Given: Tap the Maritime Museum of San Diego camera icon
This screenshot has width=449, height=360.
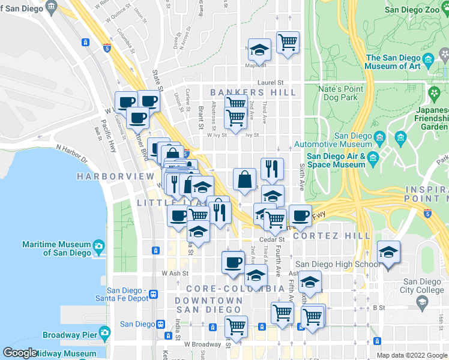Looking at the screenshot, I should tap(98, 245).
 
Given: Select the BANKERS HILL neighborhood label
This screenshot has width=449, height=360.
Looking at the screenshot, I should tap(253, 92).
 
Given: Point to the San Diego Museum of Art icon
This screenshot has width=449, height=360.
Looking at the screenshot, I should tap(429, 59).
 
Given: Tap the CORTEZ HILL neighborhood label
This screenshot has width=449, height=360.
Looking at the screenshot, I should tap(341, 236).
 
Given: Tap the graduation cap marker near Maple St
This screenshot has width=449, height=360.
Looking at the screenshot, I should tap(259, 49).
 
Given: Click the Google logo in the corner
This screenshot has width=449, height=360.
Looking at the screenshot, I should tap(20, 353).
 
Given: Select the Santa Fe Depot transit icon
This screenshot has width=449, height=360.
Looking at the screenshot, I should tap(154, 295).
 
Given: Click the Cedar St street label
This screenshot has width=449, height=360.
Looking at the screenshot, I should tap(271, 239).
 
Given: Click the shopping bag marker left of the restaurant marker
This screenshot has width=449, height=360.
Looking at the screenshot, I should tap(244, 179).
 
